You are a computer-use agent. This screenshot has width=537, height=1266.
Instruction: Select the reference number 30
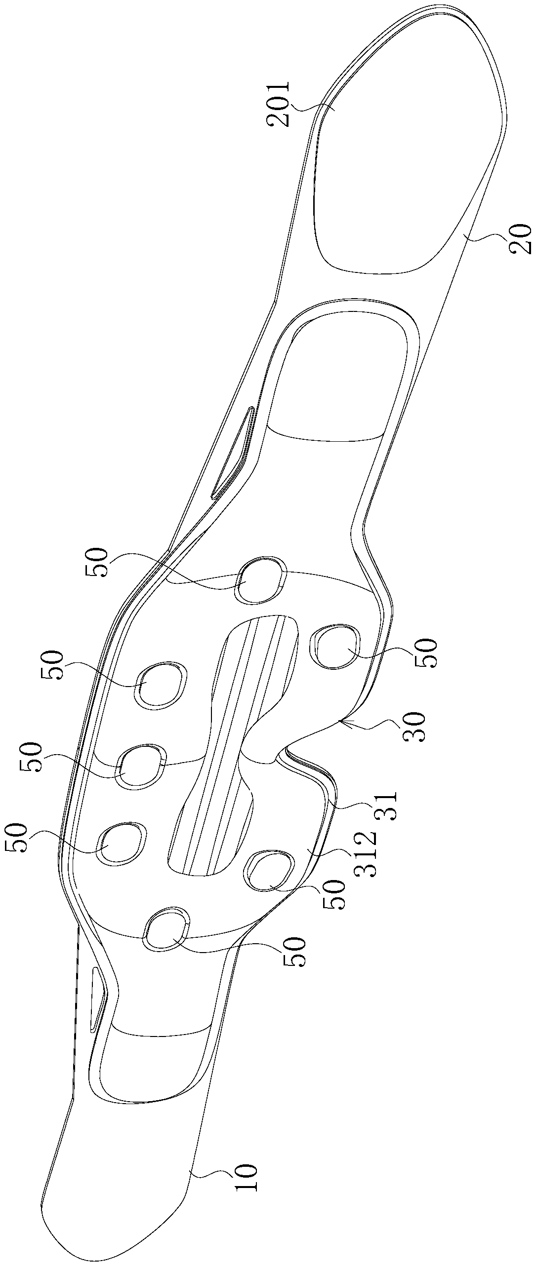[413, 726]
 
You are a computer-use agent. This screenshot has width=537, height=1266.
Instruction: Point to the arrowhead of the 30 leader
[340, 722]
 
